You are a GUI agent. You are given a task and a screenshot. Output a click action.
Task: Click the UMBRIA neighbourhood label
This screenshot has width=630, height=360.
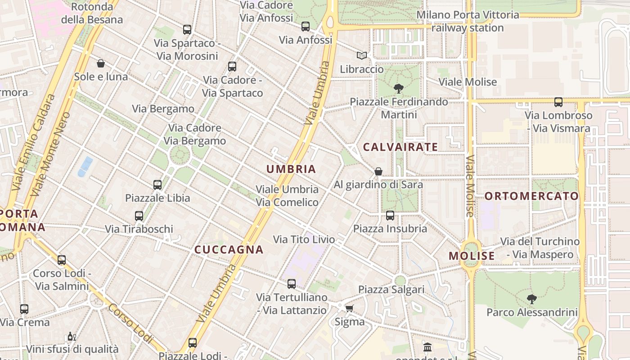tap(291, 169)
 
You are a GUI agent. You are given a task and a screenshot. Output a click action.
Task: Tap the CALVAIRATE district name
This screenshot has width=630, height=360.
tap(400, 147)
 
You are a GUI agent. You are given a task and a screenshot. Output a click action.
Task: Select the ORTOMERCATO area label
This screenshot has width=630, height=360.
tap(531, 196)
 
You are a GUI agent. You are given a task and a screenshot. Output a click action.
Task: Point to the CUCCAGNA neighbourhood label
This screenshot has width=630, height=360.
tap(229, 250)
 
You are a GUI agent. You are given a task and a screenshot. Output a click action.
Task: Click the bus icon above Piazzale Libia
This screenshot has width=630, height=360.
tap(157, 184)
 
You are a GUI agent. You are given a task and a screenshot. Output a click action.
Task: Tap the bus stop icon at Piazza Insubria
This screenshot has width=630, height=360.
tap(390, 216)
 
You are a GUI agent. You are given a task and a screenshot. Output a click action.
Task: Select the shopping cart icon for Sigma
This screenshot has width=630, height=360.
tap(349, 308)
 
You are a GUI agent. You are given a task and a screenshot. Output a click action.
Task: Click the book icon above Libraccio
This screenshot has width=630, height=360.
tap(362, 55)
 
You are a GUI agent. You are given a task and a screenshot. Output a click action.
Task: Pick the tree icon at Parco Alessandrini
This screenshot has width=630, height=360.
tap(532, 299)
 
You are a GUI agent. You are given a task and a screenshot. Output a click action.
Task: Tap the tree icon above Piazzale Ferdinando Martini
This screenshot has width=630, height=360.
tap(398, 88)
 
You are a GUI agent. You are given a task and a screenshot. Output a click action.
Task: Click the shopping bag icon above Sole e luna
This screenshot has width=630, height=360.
tap(101, 63)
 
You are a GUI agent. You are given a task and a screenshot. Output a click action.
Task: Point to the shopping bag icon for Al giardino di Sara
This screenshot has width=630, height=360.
tap(378, 171)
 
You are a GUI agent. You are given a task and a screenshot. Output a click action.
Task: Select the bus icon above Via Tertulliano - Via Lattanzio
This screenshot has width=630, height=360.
tap(292, 284)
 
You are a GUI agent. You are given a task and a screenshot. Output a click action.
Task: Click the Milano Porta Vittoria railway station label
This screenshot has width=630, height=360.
tap(468, 21)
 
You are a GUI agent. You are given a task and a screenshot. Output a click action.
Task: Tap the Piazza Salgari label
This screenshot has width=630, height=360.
tap(391, 289)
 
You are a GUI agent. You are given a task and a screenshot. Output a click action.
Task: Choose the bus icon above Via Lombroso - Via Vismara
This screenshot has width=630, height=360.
tap(558, 102)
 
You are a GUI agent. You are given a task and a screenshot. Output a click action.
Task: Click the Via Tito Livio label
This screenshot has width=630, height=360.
tap(304, 239)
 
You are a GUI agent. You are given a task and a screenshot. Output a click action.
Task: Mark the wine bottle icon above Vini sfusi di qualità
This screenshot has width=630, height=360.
tap(72, 337)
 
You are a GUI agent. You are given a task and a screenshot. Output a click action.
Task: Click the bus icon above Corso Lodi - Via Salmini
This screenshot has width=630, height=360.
tap(62, 260)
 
